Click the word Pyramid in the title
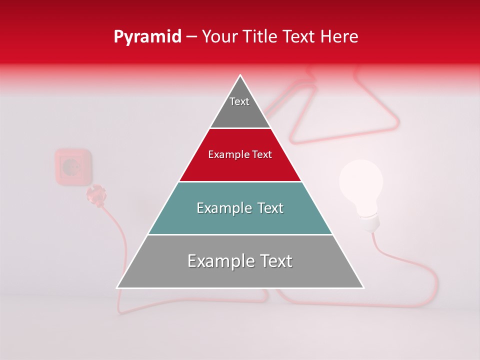point(147,37)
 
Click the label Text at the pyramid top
point(239,101)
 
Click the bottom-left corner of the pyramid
point(117,287)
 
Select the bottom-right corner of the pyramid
point(363,287)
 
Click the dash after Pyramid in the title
point(191,37)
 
